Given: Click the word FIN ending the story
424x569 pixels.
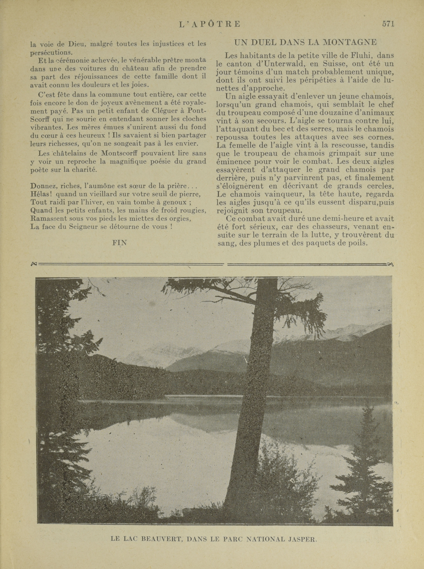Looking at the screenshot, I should pos(120,243).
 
